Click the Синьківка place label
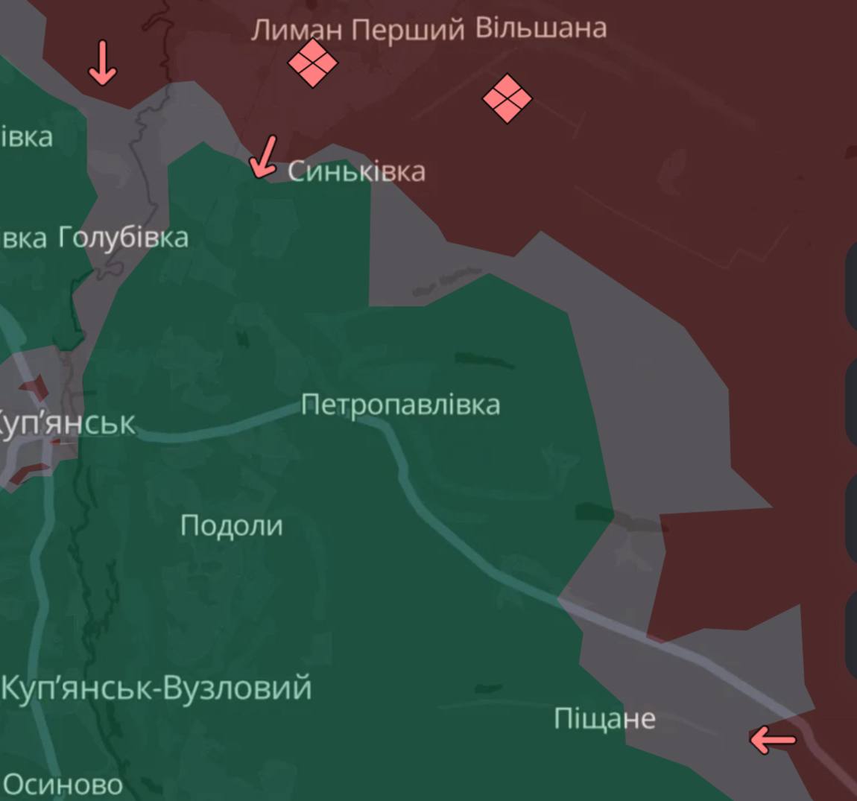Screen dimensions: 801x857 pos(356,171)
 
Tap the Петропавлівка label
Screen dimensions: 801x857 pos(400,405)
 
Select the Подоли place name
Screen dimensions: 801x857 pos(232,526)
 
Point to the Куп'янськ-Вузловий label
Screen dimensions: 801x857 pos(156,688)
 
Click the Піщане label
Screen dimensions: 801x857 pos(604,719)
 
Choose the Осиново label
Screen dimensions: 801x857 pos(63,784)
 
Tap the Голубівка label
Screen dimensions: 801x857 pos(124,238)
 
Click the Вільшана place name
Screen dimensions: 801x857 pos(541,28)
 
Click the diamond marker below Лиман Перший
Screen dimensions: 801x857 pos(313,63)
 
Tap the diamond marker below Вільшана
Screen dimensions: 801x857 pos(507,98)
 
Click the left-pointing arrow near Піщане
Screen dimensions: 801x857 pos(773,740)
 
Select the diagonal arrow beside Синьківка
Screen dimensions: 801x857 pos(264,157)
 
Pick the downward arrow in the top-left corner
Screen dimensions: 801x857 pos(103,63)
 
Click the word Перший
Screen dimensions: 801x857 pos(408,30)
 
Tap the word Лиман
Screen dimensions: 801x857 pos(297,30)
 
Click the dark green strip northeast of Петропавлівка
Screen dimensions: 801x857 pos(484,361)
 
